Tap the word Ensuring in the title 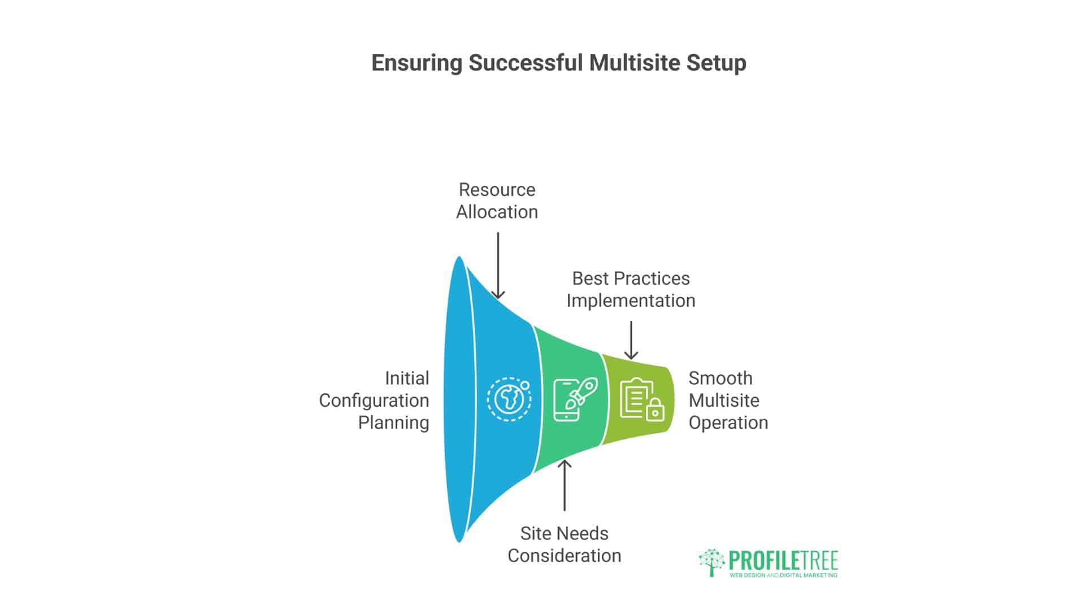(x=416, y=63)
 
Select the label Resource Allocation (x=497, y=201)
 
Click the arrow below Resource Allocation (x=498, y=265)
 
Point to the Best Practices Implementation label (x=631, y=290)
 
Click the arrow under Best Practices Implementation (x=631, y=340)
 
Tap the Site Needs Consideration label (x=564, y=544)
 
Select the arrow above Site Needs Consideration (x=564, y=485)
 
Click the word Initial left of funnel (x=407, y=378)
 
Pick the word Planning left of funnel (x=393, y=423)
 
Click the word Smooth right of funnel (x=721, y=378)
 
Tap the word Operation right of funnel (x=728, y=423)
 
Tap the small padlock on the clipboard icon (x=655, y=411)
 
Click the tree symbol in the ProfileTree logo (x=711, y=562)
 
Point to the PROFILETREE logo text (x=783, y=560)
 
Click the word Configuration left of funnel (x=374, y=401)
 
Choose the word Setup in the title (x=717, y=63)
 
